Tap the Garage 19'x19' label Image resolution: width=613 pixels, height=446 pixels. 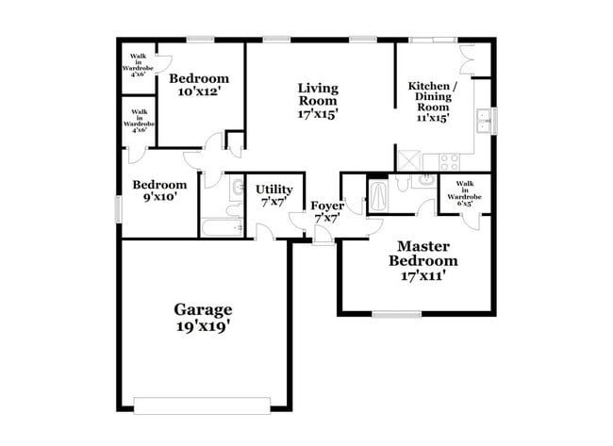click(203, 317)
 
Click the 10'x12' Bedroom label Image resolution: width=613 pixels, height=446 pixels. click(200, 85)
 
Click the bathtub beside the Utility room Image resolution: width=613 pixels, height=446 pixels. click(223, 227)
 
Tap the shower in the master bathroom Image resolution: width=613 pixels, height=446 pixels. click(377, 196)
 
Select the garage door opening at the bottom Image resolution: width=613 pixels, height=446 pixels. click(203, 405)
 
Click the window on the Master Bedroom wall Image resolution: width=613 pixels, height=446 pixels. click(396, 314)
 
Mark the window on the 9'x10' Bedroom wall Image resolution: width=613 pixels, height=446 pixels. click(119, 208)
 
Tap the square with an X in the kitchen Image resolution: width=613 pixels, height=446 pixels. click(408, 160)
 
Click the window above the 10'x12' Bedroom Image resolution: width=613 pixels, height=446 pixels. click(200, 40)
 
